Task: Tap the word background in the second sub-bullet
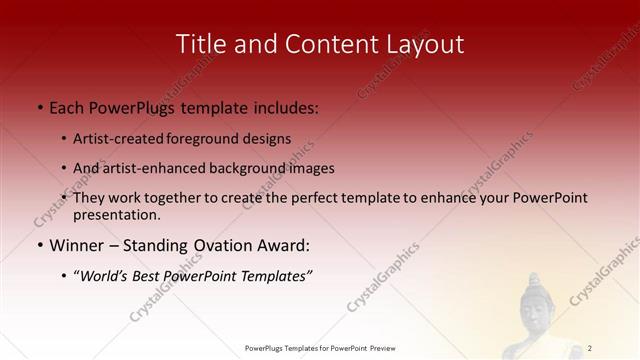[241, 168]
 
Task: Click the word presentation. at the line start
[116, 214]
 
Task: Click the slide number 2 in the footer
[590, 348]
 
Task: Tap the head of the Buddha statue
[541, 301]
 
